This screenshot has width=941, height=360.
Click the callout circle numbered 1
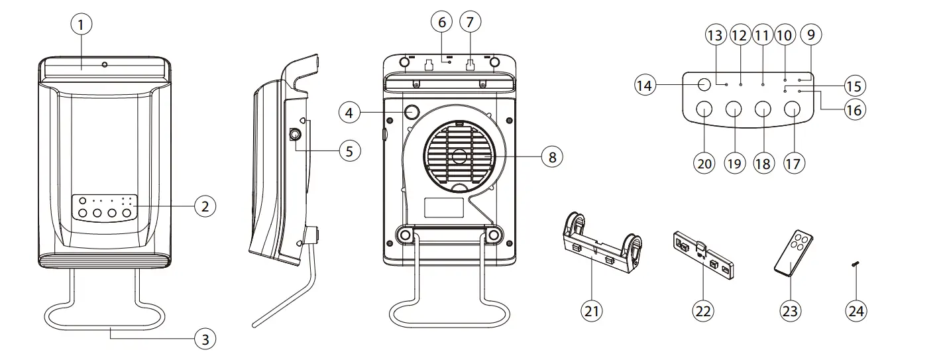pos(81,25)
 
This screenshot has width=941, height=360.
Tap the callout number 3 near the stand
pos(205,339)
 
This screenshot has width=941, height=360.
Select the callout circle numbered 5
pos(349,150)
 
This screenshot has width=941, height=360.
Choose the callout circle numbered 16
pos(854,109)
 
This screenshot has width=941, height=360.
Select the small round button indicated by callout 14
pos(704,84)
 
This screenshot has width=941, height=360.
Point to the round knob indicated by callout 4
pos(414,111)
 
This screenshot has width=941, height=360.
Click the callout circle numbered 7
pos(470,21)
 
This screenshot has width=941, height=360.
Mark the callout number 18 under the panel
pos(763,163)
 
